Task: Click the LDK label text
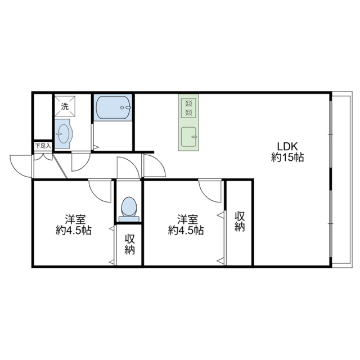click(x=287, y=146)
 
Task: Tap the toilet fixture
click(x=129, y=209)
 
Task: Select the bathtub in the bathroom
click(x=113, y=107)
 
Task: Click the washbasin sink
click(x=64, y=134)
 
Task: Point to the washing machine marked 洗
click(x=65, y=106)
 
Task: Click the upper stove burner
click(x=188, y=103)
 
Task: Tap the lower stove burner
click(x=188, y=112)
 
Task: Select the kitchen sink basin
click(x=189, y=137)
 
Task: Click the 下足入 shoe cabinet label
click(x=43, y=146)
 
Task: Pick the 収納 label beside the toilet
click(x=130, y=245)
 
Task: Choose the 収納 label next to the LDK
click(x=240, y=222)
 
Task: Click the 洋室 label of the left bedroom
click(x=75, y=220)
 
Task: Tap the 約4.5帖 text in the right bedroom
click(x=186, y=230)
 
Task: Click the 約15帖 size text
click(x=287, y=157)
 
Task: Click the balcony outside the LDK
click(x=342, y=179)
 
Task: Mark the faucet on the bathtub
click(x=126, y=107)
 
